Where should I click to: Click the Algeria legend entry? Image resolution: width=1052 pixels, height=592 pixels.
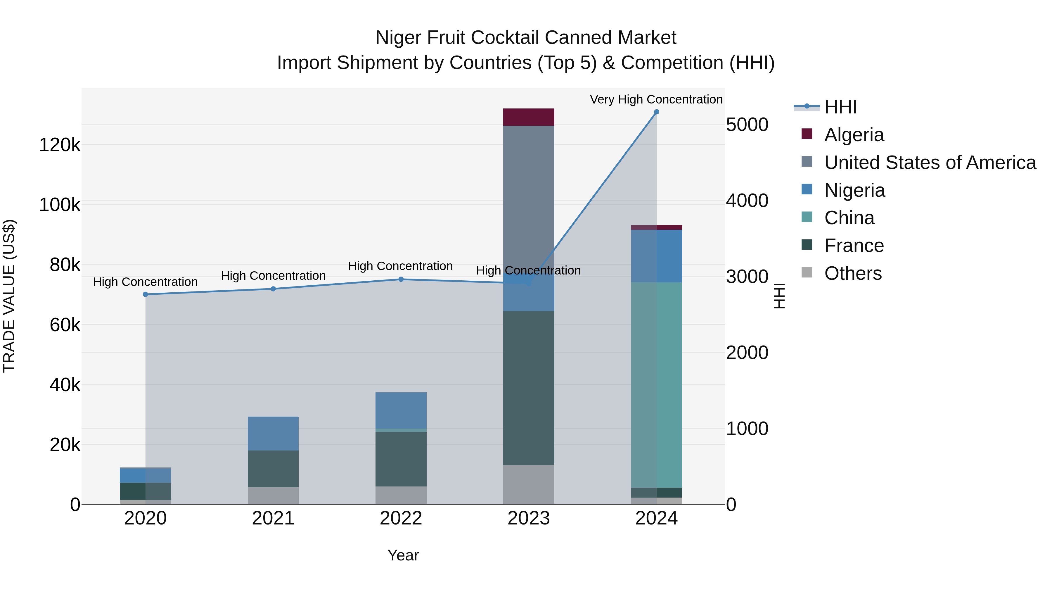854,135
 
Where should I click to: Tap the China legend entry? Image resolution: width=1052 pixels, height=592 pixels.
849,218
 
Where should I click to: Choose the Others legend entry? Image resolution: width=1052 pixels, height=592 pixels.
853,273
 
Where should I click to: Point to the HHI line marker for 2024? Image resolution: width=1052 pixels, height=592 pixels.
656,112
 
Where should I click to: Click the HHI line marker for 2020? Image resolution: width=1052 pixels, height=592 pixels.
146,294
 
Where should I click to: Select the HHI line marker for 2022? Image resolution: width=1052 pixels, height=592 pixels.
401,279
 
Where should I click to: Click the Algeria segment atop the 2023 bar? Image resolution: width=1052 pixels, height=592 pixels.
528,117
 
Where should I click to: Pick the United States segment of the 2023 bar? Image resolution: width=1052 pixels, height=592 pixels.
528,196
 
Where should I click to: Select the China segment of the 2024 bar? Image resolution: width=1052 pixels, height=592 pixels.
656,384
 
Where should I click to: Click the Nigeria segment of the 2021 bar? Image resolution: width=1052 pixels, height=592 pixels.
273,433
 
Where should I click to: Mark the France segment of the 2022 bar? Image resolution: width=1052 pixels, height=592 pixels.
401,458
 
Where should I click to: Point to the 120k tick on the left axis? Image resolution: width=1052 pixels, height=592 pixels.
60,145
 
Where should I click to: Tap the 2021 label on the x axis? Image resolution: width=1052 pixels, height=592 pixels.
273,518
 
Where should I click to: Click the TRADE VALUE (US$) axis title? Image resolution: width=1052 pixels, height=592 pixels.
9,296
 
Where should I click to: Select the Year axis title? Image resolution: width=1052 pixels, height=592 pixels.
403,555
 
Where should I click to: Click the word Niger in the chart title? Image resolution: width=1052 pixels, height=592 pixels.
399,38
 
